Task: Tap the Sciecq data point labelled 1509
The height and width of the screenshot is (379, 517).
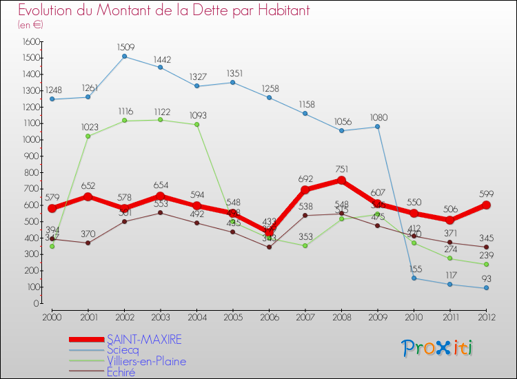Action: click(124, 57)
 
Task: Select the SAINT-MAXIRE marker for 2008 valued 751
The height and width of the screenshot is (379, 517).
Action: click(341, 181)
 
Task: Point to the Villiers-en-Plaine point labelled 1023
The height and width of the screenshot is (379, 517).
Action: click(88, 136)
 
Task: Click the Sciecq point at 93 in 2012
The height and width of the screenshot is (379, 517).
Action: click(486, 288)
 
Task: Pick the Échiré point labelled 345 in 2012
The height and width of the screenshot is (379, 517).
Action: click(486, 247)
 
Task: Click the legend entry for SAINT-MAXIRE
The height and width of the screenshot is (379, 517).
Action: click(145, 340)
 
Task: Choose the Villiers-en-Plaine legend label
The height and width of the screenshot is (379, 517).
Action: click(146, 362)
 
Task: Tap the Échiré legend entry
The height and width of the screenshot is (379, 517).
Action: click(121, 373)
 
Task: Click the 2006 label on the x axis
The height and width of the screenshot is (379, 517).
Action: click(269, 317)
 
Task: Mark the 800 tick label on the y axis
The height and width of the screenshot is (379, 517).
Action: click(32, 172)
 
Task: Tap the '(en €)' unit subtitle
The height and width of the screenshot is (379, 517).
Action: click(31, 25)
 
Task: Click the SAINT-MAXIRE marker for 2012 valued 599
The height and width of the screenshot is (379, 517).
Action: click(486, 205)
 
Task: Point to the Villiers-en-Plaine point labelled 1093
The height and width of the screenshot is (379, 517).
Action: click(196, 125)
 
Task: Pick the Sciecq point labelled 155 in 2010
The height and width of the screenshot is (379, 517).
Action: click(414, 278)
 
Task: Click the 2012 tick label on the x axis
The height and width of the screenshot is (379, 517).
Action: click(486, 317)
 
